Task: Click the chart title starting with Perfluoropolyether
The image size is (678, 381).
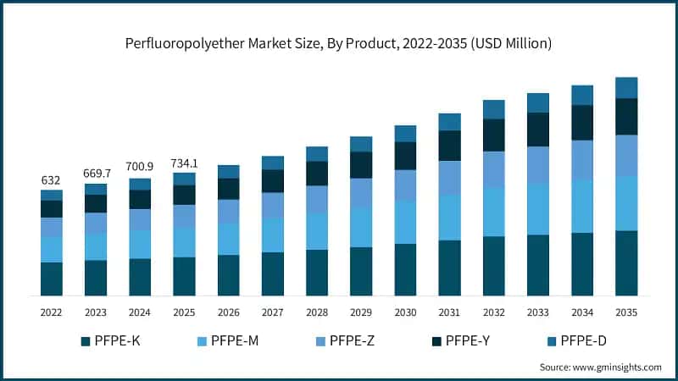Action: click(339, 43)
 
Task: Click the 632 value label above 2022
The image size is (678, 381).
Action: click(52, 180)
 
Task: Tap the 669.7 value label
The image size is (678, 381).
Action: click(96, 174)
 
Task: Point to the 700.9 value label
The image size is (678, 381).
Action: click(140, 168)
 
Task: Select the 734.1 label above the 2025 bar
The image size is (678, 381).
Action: click(184, 163)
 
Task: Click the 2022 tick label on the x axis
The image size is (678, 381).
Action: click(52, 312)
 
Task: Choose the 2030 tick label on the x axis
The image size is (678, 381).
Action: click(405, 312)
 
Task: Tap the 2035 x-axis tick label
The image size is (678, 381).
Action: click(625, 312)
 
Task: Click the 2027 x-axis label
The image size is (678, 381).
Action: click(273, 312)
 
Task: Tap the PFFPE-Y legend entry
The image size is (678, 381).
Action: click(465, 341)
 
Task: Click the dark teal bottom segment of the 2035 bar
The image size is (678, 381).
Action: click(625, 262)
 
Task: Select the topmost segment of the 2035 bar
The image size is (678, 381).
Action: click(625, 88)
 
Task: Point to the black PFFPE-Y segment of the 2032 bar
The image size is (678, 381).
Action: click(493, 135)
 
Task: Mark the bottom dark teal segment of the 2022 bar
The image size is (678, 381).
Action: click(52, 279)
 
